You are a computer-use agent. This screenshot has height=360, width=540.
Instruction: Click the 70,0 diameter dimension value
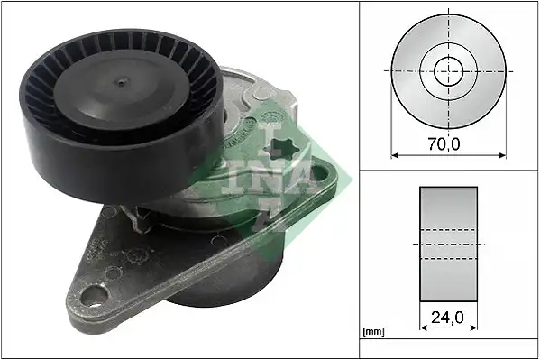444,143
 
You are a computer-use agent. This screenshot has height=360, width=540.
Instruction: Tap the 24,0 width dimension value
447,318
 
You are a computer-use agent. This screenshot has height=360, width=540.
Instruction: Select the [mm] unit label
373,332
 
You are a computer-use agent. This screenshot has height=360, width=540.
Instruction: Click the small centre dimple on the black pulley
121,82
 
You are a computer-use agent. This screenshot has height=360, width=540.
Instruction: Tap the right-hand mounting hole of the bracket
320,174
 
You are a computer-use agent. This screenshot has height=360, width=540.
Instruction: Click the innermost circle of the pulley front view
448,71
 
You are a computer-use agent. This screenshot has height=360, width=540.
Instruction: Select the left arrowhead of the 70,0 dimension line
395,155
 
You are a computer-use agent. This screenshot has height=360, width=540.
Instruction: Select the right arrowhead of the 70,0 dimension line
502,155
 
